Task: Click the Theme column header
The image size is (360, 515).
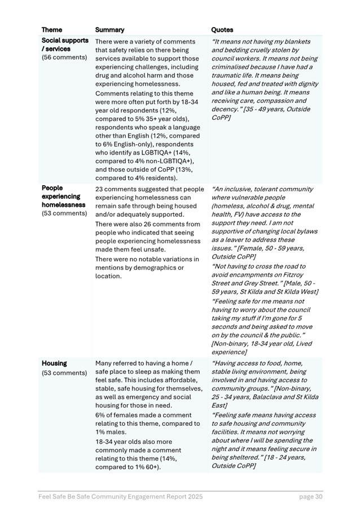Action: (52, 30)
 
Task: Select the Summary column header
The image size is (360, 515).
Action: (109, 30)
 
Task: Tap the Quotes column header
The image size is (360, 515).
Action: (222, 30)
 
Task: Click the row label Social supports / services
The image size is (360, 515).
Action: (65, 45)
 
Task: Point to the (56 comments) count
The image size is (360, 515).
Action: (64, 58)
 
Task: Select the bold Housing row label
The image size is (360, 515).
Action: (54, 364)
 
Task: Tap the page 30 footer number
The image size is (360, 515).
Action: (311, 497)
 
